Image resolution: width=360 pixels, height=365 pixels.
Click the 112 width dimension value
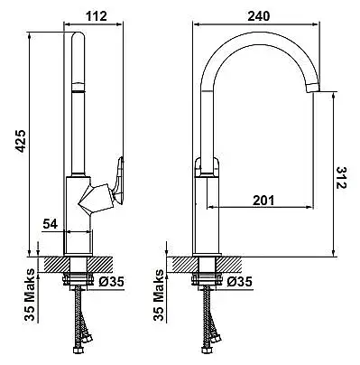point(97,16)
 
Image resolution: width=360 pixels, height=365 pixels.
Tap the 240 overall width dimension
point(259,16)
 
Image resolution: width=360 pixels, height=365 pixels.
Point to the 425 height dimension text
point(20,141)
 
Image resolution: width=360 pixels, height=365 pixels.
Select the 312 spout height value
point(341,177)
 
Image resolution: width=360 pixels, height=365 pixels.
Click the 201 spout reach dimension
point(263,201)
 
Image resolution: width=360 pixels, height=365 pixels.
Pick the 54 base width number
point(50,224)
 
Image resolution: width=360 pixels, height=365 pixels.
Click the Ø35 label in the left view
point(111,282)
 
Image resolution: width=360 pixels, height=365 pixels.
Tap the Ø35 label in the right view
point(240,282)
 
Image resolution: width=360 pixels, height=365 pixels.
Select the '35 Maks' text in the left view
point(31,295)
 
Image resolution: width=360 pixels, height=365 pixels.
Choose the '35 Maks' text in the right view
point(159,295)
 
